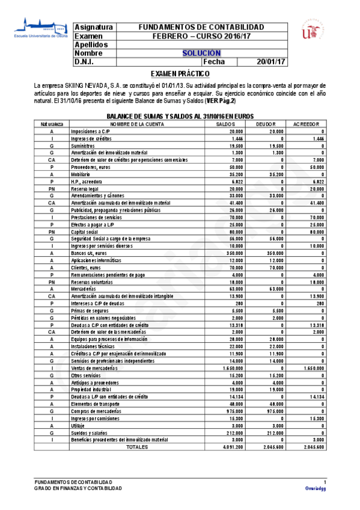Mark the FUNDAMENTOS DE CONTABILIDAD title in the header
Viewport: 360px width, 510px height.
click(x=201, y=28)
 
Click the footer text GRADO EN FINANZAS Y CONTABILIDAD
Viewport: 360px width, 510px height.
click(x=78, y=488)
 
